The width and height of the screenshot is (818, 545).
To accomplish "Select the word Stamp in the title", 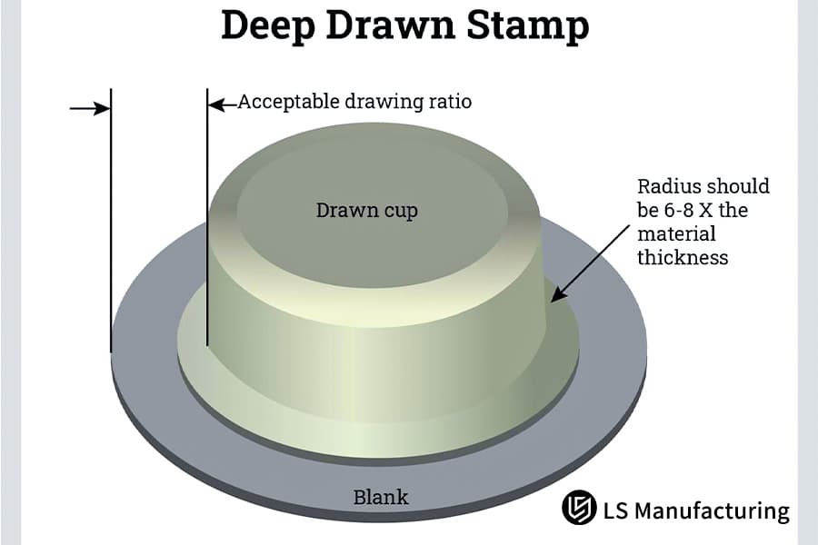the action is [528, 26].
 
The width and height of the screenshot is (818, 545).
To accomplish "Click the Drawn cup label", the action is [367, 210].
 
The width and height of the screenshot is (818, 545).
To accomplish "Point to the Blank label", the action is [380, 497].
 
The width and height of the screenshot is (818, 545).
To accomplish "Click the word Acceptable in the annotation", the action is [288, 102].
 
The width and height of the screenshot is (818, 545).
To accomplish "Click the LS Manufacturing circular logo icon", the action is [579, 508].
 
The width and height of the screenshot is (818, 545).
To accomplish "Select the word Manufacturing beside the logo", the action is [712, 510].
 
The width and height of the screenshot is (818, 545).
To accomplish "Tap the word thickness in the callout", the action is [683, 257].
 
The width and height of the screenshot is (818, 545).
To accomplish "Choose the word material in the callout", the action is [676, 233].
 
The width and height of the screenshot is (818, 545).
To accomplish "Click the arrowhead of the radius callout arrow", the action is [555, 296].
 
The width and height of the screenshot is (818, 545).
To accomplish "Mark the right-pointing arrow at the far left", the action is [90, 108].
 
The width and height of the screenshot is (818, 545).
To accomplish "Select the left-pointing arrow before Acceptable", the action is [223, 104].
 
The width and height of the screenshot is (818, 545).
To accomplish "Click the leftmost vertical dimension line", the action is [111, 220].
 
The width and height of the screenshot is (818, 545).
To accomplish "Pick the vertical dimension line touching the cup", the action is [207, 217].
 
